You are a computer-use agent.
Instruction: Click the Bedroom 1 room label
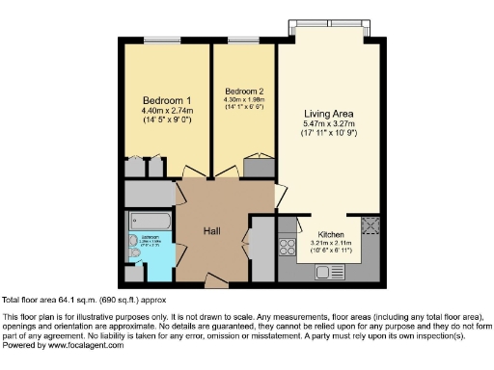(167, 101)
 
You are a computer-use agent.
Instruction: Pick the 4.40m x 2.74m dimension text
(167, 112)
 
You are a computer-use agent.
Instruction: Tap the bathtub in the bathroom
(150, 221)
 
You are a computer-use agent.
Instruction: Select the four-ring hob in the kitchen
(287, 246)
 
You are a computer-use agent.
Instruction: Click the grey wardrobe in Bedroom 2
(260, 166)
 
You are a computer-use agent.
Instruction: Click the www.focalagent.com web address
(77, 345)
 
